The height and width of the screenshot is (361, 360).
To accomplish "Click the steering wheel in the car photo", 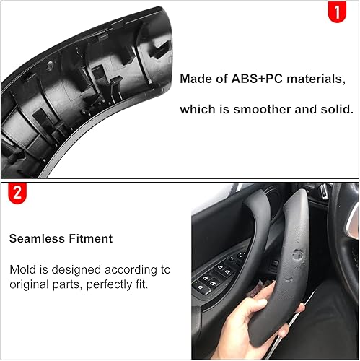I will coord(342,245).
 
